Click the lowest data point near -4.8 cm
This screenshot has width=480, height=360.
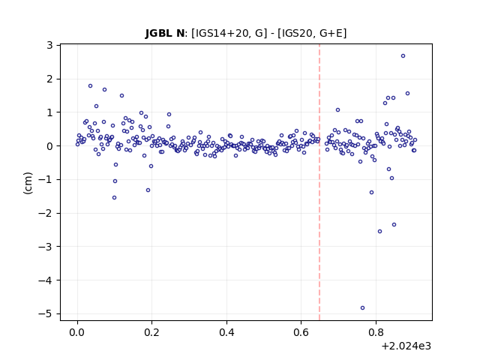pyautogui.click(x=362, y=307)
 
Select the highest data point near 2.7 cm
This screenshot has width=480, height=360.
pyautogui.click(x=403, y=55)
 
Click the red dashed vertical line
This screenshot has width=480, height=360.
pyautogui.click(x=319, y=182)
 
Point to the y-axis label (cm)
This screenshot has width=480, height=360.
pyautogui.click(x=28, y=183)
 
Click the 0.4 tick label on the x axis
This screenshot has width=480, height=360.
pyautogui.click(x=226, y=332)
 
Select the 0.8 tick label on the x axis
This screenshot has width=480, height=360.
pyautogui.click(x=376, y=332)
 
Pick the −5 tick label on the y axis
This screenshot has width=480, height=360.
pyautogui.click(x=45, y=313)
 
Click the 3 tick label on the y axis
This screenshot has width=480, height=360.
pyautogui.click(x=49, y=45)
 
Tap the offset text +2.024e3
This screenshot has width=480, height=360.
pyautogui.click(x=406, y=346)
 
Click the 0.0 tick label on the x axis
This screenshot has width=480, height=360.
pyautogui.click(x=77, y=332)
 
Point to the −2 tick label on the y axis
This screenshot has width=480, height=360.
pyautogui.click(x=45, y=213)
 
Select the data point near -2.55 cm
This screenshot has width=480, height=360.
pyautogui.click(x=379, y=232)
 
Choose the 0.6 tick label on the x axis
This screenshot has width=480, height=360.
pyautogui.click(x=301, y=332)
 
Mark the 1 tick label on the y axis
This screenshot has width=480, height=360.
pyautogui.click(x=49, y=112)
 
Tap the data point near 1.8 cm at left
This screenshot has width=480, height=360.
pyautogui.click(x=90, y=86)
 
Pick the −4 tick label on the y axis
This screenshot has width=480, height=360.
pyautogui.click(x=45, y=280)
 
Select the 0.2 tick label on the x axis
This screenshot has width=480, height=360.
pyautogui.click(x=151, y=332)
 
